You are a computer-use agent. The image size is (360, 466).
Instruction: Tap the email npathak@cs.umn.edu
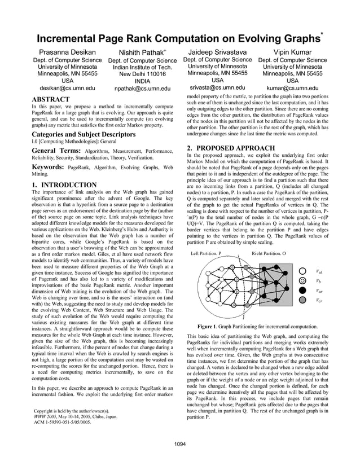(x=142, y=89)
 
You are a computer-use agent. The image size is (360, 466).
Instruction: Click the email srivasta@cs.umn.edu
(x=217, y=87)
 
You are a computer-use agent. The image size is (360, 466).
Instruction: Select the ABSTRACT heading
(x=51, y=99)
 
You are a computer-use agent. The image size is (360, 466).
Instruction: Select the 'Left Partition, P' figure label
(x=207, y=254)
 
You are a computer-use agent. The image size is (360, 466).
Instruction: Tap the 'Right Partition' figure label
(x=269, y=254)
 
